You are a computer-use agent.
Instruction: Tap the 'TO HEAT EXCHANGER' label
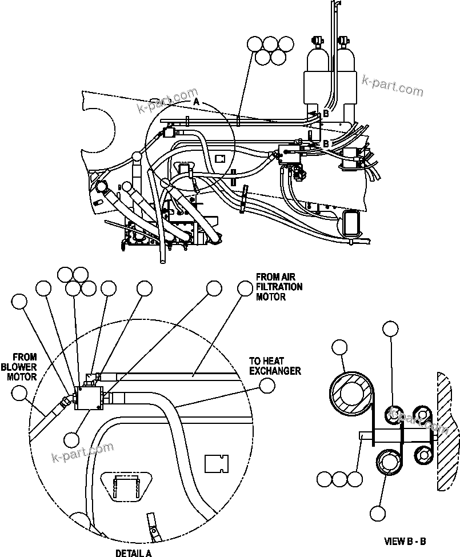coord(274,366)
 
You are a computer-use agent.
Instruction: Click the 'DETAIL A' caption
coord(134,552)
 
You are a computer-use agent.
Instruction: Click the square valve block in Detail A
coord(90,396)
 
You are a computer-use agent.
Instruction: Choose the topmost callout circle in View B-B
coord(390,328)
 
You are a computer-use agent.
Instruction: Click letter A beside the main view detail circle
coord(195,101)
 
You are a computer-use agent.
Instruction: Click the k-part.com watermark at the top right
coord(393,87)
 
